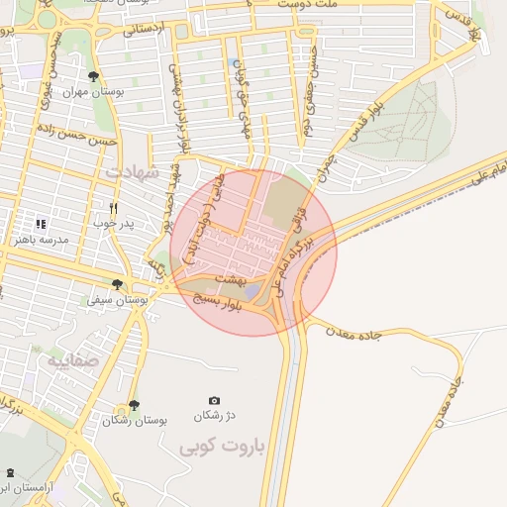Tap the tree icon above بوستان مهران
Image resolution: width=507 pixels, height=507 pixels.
click(93, 76)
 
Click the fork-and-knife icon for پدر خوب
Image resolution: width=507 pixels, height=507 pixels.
click(114, 209)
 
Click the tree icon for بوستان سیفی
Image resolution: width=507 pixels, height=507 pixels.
click(117, 284)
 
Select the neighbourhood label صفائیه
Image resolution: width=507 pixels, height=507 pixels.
click(73, 359)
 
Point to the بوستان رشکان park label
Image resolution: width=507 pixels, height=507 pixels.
click(135, 420)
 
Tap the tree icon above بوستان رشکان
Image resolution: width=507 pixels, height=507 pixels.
click(135, 404)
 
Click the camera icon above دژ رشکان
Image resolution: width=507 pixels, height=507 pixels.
click(214, 400)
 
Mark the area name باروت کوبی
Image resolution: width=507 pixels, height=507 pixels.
click(223, 448)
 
